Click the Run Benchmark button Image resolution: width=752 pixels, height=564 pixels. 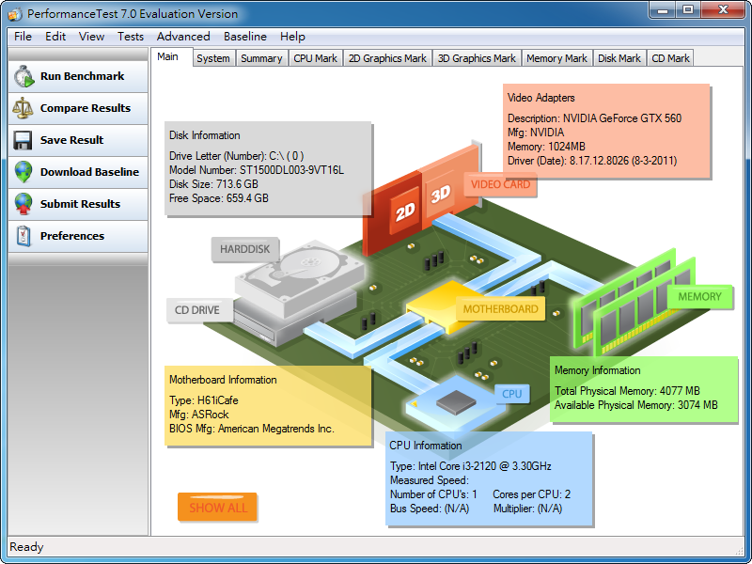(78, 76)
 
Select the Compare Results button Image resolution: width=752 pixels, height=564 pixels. (78, 108)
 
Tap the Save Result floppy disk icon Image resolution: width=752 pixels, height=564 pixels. (23, 140)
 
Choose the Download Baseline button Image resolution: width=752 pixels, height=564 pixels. (78, 172)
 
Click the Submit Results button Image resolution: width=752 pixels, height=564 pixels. (78, 204)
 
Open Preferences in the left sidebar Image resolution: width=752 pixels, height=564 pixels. (78, 236)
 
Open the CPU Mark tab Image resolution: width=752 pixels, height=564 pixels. (315, 58)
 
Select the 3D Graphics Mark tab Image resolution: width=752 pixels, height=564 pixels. (477, 58)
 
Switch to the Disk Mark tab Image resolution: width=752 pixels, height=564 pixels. (619, 58)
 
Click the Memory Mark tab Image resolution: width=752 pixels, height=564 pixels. (556, 58)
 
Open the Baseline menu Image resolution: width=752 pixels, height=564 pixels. (245, 37)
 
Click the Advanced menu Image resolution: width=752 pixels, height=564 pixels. (183, 37)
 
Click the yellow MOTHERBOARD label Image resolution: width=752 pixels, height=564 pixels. (500, 309)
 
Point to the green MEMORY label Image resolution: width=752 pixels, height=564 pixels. (699, 297)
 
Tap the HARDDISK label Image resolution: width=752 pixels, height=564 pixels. (244, 249)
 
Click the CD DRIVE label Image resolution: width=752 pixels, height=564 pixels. (197, 310)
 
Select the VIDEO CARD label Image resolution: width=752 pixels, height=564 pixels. (500, 184)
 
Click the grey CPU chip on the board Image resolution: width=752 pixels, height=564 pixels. (456, 402)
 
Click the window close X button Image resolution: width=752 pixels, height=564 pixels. (723, 9)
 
